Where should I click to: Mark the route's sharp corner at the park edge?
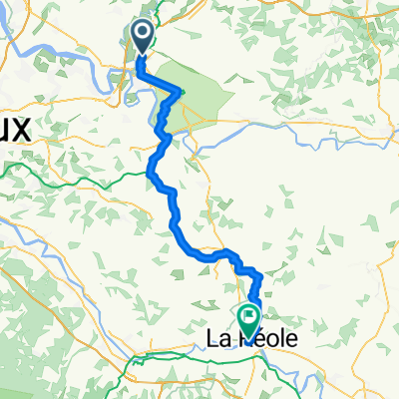181,92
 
